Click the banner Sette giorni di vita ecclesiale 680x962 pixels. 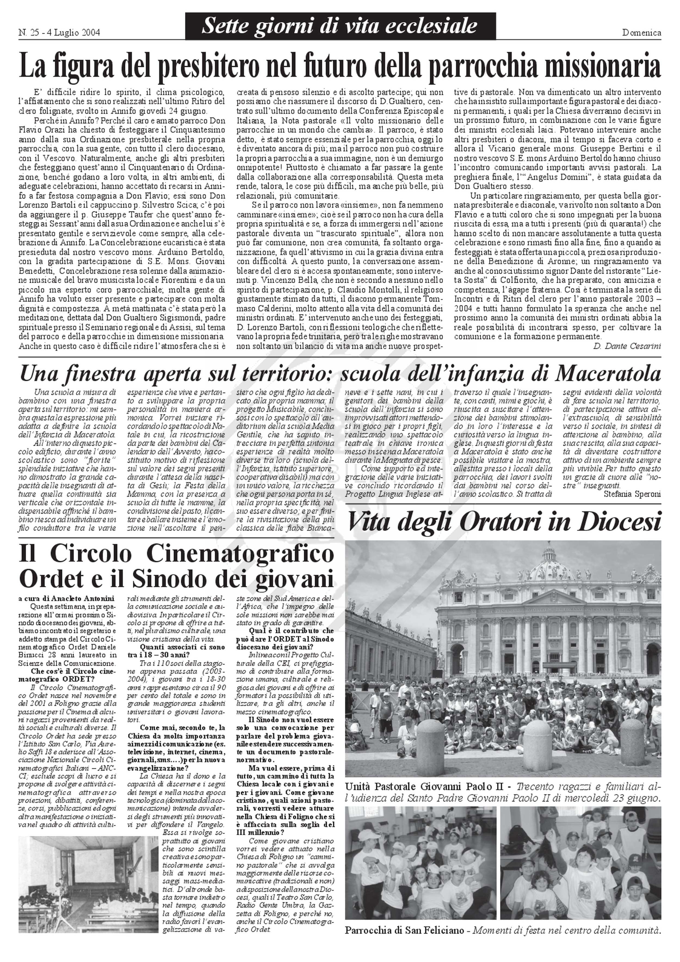339,26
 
